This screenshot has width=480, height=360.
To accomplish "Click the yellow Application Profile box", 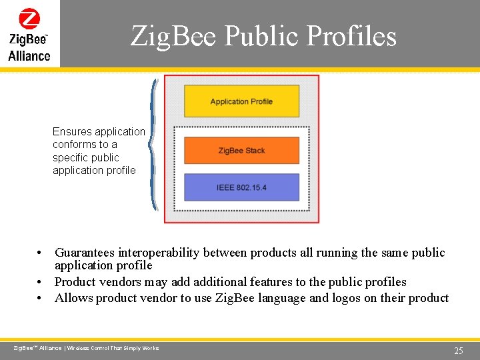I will click(241, 101).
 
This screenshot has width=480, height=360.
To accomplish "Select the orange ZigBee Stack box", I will click(241, 151).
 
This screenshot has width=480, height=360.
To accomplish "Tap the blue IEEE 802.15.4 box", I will click(241, 187).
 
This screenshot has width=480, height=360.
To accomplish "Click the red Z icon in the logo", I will click(29, 18).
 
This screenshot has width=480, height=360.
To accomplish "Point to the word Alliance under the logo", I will click(29, 56).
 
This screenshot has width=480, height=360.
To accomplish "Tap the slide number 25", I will click(458, 351).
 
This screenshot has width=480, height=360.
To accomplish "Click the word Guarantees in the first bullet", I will click(85, 253).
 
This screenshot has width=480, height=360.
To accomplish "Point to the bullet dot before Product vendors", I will click(41, 282).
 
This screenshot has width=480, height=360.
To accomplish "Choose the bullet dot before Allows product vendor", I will click(41, 298).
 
